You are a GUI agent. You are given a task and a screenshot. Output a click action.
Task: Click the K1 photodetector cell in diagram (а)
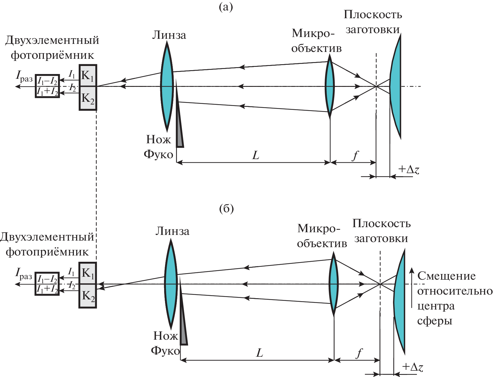click(88, 76)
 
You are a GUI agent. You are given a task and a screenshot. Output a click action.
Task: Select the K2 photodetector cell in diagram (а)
click(88, 98)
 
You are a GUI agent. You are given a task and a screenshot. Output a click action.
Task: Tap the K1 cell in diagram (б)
click(88, 273)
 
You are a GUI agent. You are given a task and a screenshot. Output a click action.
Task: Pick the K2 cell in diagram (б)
click(88, 296)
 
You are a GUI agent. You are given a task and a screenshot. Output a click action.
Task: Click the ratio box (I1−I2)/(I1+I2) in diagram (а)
click(47, 86)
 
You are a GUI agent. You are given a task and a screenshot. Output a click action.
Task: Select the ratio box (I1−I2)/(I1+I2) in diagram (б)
click(47, 284)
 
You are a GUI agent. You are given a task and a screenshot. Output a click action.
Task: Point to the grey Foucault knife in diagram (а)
click(179, 125)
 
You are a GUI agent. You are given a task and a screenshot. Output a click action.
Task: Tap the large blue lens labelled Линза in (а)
click(167, 87)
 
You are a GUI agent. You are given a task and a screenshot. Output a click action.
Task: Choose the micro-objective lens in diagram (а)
click(330, 87)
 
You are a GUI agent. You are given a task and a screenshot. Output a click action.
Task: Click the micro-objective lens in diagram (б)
click(334, 284)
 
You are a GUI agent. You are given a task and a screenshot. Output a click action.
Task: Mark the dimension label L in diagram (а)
click(256, 156)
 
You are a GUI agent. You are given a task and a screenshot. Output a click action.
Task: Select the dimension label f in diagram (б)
click(359, 353)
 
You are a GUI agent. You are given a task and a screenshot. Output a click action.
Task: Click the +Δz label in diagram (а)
click(409, 170)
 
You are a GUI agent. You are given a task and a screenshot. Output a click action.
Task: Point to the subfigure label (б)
click(226, 209)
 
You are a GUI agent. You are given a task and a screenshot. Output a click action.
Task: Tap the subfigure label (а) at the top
click(226, 7)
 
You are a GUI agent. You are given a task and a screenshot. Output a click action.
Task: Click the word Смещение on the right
click(446, 276)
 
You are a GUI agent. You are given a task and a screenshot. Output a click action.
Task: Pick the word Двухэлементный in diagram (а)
click(52, 40)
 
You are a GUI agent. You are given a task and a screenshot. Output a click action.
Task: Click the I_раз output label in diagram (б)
click(24, 274)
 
